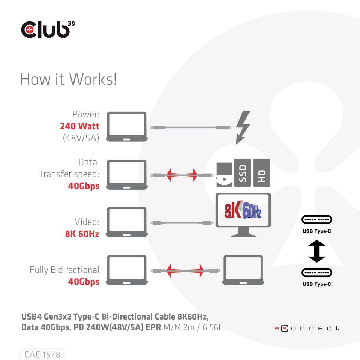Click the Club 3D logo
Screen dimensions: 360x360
(x=46, y=29)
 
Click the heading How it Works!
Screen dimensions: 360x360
(x=68, y=79)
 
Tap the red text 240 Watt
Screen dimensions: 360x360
(x=79, y=126)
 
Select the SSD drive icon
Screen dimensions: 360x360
(x=242, y=172)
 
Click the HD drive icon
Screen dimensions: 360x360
(x=262, y=172)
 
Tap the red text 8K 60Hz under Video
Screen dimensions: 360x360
(x=82, y=234)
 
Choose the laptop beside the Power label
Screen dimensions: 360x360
(x=126, y=126)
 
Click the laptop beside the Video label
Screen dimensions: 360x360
(x=126, y=222)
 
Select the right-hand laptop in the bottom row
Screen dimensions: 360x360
(x=243, y=270)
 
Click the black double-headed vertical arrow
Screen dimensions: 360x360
(x=317, y=252)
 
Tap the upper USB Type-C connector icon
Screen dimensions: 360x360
(x=317, y=220)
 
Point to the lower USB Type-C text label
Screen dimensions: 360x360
(x=317, y=284)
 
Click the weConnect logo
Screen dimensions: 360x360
(x=307, y=328)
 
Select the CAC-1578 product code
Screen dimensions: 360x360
(x=42, y=354)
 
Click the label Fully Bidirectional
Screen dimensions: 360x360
(x=64, y=270)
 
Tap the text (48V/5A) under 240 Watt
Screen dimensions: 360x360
(x=81, y=138)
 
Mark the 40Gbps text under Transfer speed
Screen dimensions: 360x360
(x=84, y=186)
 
